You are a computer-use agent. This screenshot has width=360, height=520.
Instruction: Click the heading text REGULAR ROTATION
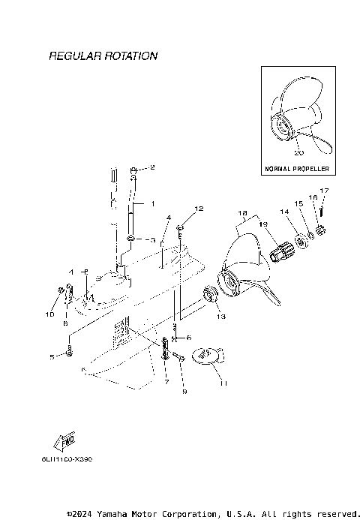(103, 56)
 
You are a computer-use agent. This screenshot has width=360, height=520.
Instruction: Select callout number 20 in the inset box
(298, 152)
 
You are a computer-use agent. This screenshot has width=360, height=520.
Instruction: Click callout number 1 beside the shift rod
(153, 203)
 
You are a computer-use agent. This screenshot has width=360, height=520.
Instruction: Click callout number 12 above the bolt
(199, 208)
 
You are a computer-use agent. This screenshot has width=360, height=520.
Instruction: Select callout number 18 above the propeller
(241, 213)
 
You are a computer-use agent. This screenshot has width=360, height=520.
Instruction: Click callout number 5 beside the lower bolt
(52, 356)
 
